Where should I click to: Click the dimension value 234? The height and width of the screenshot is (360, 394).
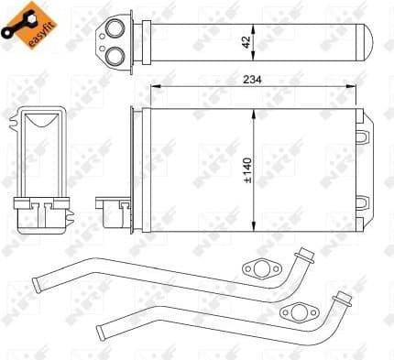pos(253,80)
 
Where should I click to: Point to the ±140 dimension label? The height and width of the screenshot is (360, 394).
pos(246,169)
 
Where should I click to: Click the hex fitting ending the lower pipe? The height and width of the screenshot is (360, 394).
pos(343,297)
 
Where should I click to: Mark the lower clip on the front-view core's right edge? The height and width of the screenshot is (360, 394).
pos(366,200)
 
